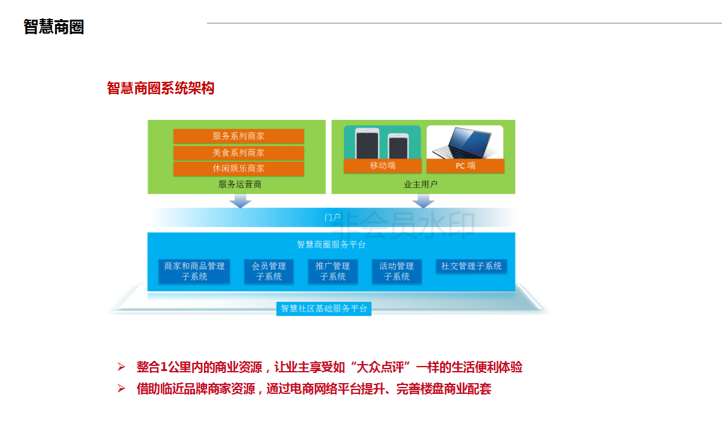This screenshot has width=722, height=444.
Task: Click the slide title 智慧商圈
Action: pyautogui.click(x=54, y=27)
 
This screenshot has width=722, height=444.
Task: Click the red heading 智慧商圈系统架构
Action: pyautogui.click(x=161, y=88)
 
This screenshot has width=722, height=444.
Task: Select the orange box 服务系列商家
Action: pyautogui.click(x=239, y=136)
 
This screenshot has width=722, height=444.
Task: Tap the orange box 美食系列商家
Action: pyautogui.click(x=239, y=153)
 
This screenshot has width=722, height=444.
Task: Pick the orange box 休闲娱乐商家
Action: pyautogui.click(x=239, y=169)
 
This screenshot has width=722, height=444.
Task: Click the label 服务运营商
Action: pyautogui.click(x=240, y=185)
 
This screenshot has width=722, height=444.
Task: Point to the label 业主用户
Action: pyautogui.click(x=421, y=185)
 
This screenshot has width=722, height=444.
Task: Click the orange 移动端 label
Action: pyautogui.click(x=383, y=166)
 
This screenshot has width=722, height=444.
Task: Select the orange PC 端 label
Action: pyautogui.click(x=465, y=166)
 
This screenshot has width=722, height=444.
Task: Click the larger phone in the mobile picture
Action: pyautogui.click(x=367, y=143)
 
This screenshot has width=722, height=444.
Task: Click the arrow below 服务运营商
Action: pyautogui.click(x=240, y=201)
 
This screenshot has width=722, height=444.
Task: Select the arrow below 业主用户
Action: pyautogui.click(x=423, y=201)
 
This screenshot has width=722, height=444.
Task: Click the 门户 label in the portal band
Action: pyautogui.click(x=332, y=218)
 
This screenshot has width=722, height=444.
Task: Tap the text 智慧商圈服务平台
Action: pyautogui.click(x=331, y=244)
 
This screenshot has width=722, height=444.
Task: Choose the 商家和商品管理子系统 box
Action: pyautogui.click(x=194, y=271)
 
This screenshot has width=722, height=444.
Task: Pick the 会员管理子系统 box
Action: pyautogui.click(x=269, y=271)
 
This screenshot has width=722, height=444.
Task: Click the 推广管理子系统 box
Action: pyautogui.click(x=333, y=271)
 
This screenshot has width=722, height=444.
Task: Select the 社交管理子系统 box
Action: pyautogui.click(x=472, y=266)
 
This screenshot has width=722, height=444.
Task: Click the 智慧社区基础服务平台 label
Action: pyautogui.click(x=324, y=309)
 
